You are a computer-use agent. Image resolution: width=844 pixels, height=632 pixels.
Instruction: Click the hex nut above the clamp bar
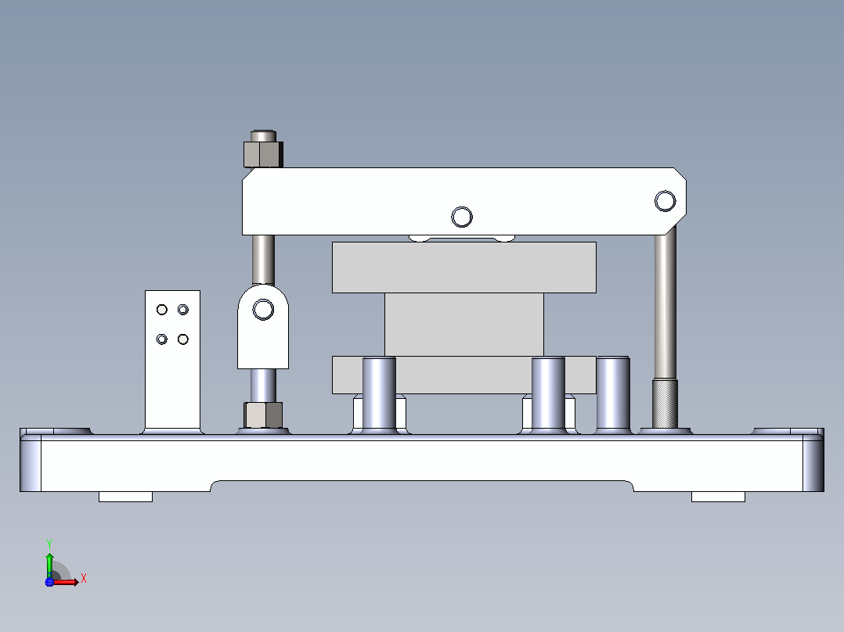click(263, 154)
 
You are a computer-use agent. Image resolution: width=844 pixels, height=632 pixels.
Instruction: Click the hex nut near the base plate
click(263, 415)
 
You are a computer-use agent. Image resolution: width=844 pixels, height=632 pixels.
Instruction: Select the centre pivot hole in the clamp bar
click(462, 217)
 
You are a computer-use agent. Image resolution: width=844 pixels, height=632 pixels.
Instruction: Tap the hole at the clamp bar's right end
click(665, 200)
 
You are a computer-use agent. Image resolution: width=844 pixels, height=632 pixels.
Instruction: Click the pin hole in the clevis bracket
click(263, 309)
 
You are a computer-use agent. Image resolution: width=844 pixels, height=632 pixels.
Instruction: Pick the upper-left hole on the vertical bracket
click(161, 309)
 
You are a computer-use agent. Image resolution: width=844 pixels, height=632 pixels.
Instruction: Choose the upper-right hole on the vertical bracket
click(183, 309)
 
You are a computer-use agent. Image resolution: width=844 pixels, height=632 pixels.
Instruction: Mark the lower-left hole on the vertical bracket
click(161, 339)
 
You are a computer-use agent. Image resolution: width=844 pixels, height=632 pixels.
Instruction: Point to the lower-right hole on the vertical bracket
click(183, 339)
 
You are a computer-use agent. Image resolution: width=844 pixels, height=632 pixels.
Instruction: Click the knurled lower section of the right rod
click(665, 404)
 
